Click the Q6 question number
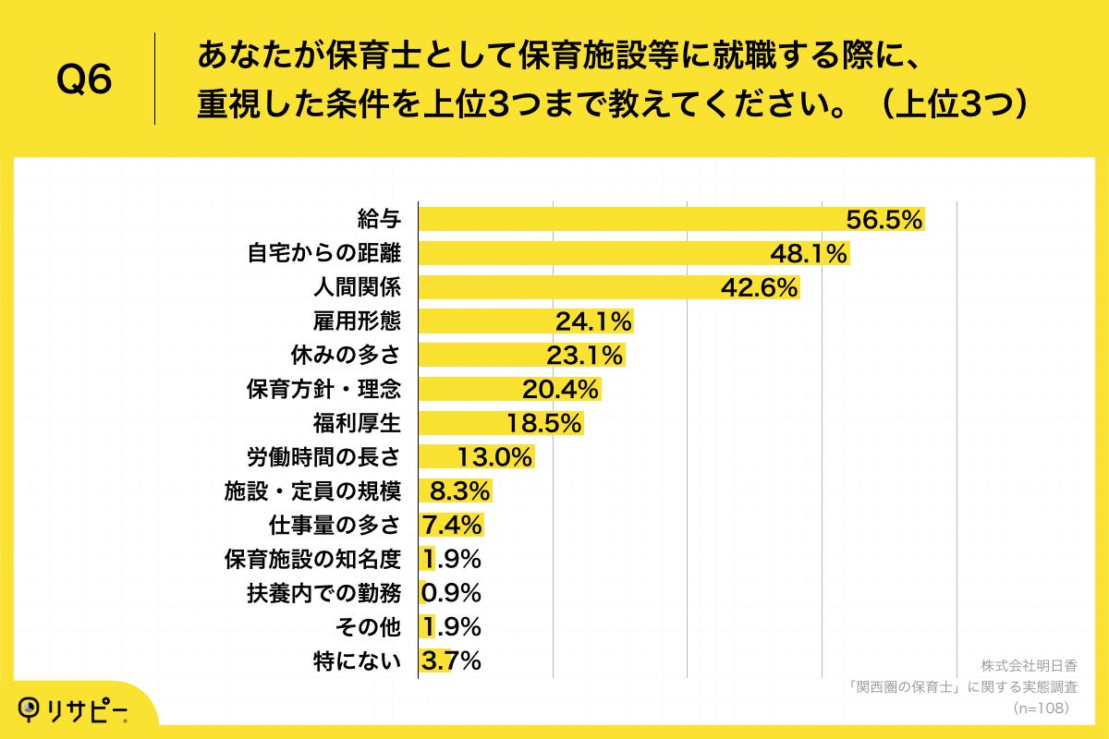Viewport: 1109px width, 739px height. (x=84, y=79)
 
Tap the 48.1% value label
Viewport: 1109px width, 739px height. (x=810, y=254)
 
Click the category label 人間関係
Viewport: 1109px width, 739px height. (x=358, y=287)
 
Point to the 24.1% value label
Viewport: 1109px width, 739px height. (x=593, y=321)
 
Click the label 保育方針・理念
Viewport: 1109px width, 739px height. (x=323, y=389)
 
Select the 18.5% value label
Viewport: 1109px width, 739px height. (x=543, y=423)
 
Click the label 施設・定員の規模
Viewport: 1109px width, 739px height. (x=313, y=491)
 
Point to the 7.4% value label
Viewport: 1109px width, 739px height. (x=452, y=525)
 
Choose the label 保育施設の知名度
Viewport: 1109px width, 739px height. (x=313, y=559)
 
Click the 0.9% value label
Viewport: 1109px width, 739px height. (x=451, y=592)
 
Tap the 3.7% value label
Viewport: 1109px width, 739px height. (x=451, y=660)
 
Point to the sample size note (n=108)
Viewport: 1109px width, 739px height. (x=1041, y=708)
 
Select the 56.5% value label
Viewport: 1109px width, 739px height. (x=885, y=220)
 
